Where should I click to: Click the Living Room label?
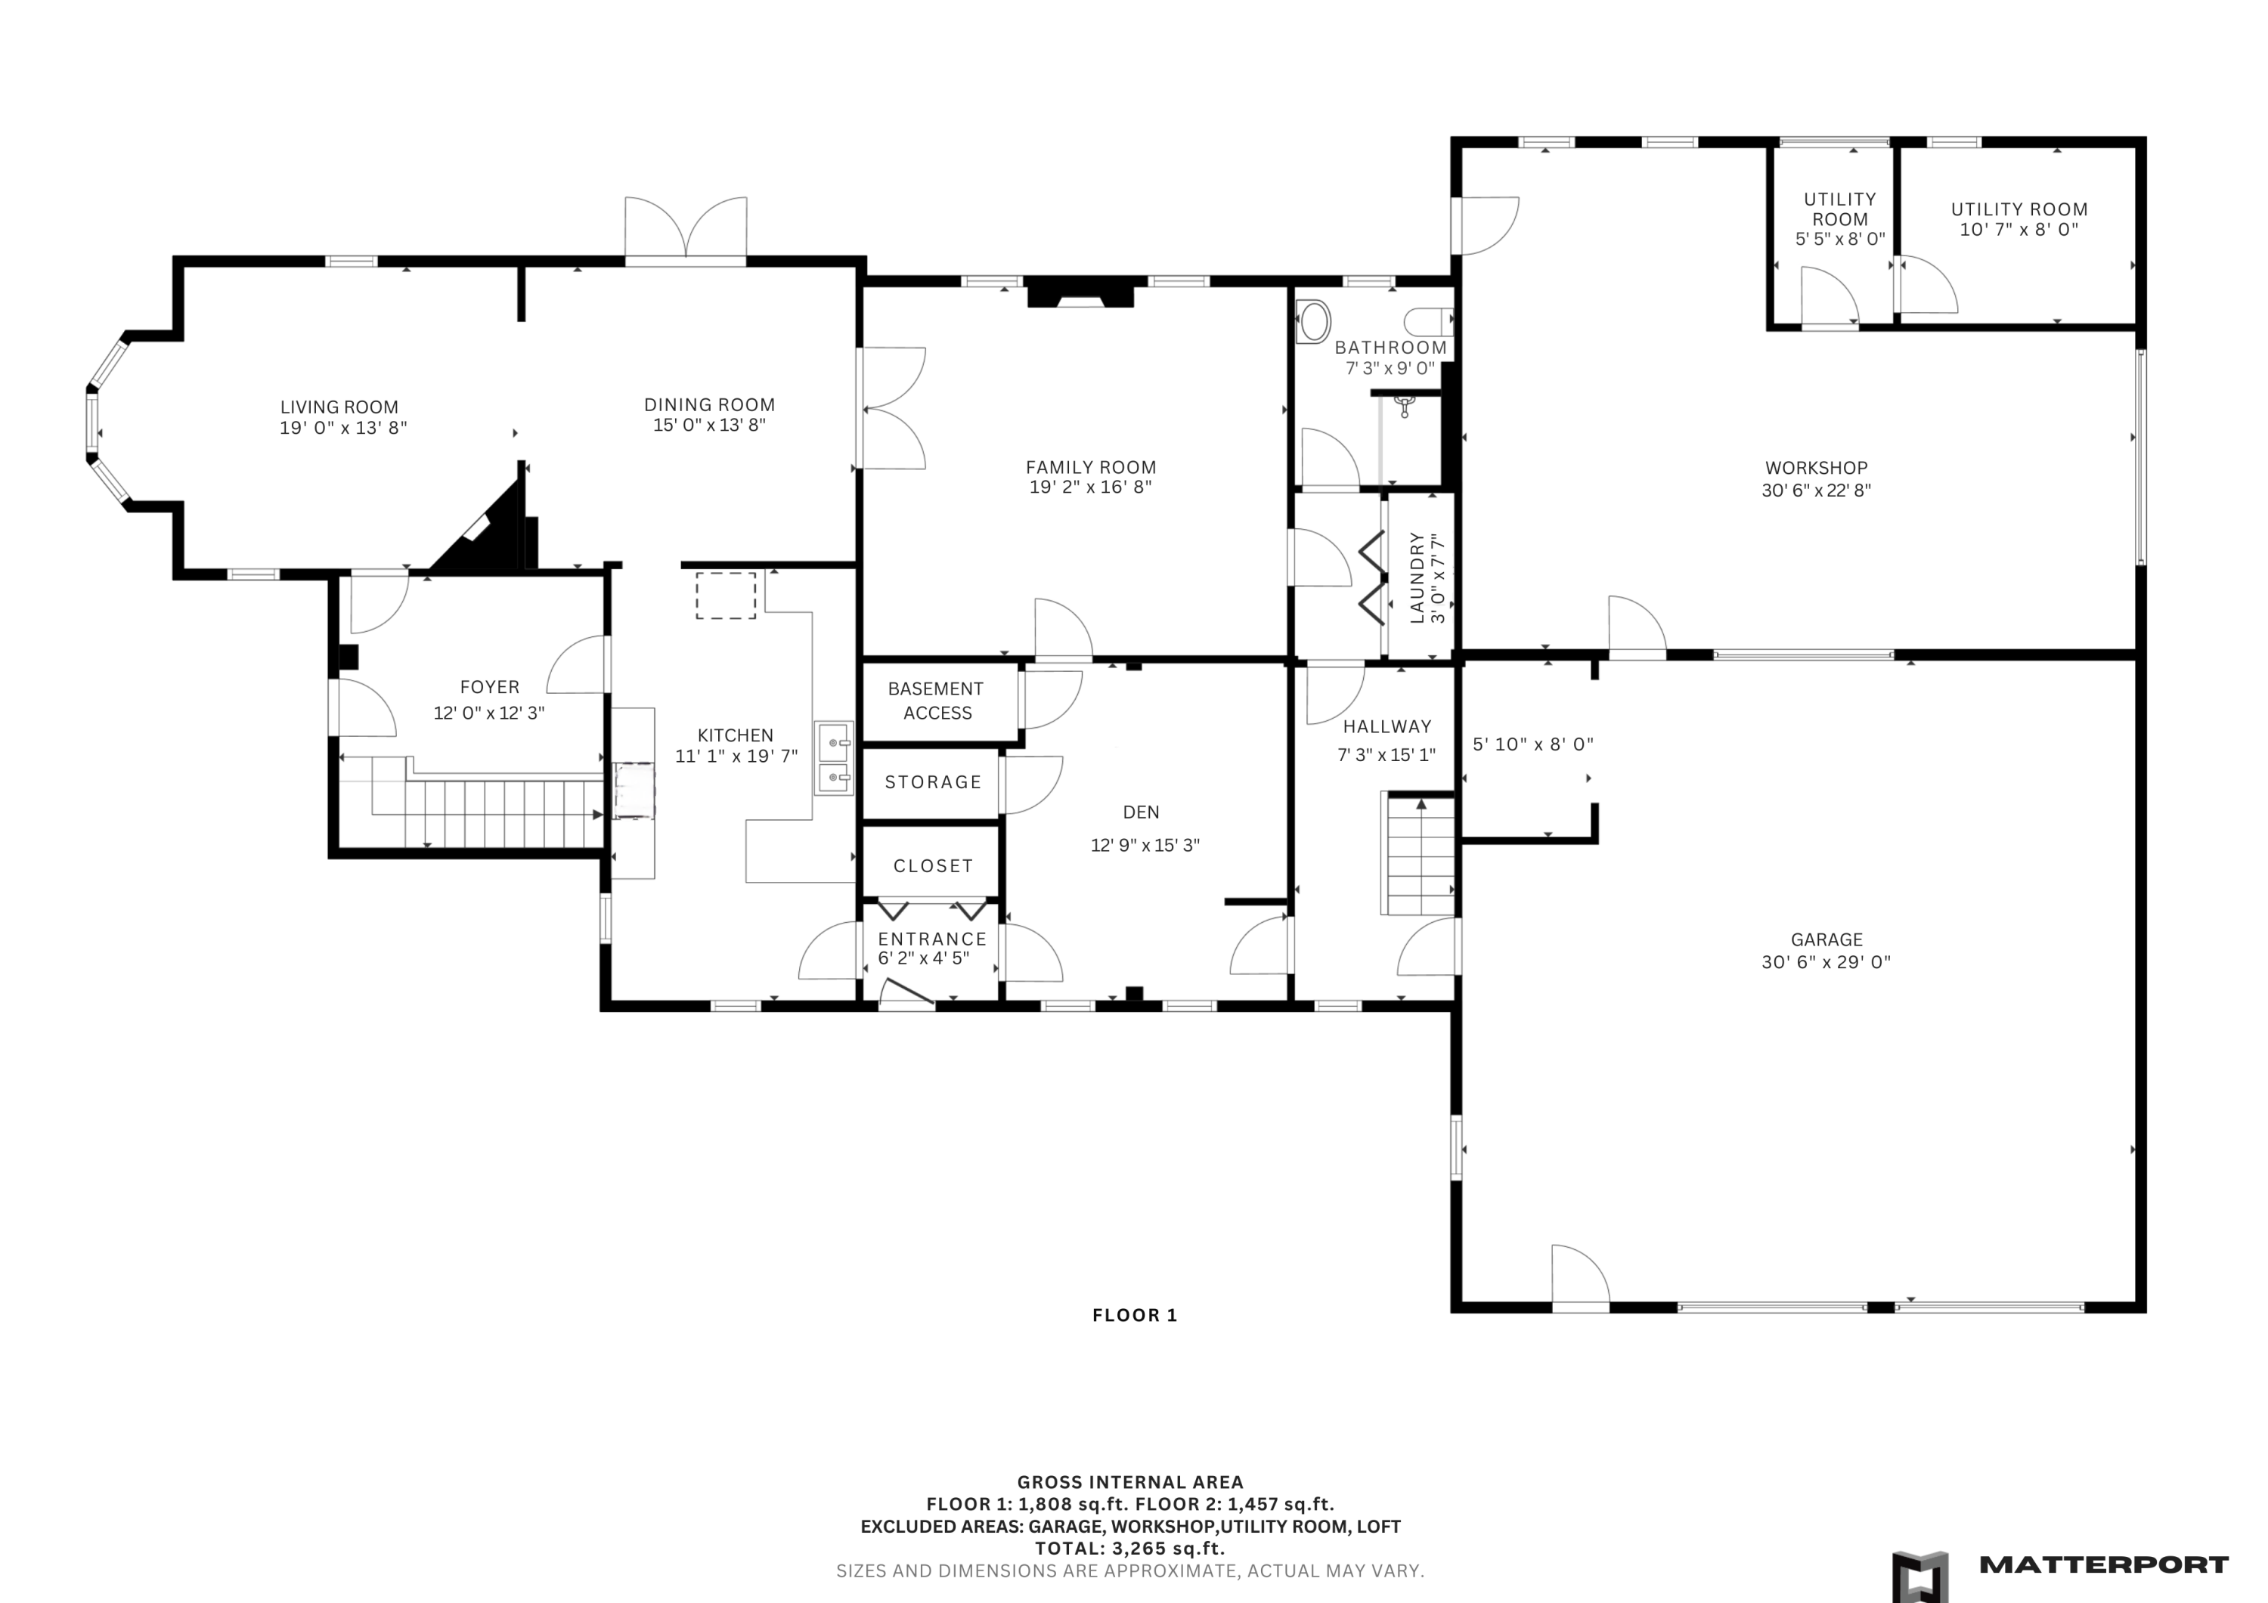(339, 407)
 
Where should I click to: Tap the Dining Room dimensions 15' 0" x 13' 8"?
(709, 426)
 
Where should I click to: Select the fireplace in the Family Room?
(1080, 296)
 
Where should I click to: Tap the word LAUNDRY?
(1417, 578)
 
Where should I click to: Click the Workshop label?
(1817, 468)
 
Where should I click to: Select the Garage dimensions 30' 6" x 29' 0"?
(1826, 962)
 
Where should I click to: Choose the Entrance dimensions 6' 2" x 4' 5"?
(924, 958)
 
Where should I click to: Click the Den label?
(1141, 812)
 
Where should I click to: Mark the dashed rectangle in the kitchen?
(726, 596)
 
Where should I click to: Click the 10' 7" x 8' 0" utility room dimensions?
(2019, 230)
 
